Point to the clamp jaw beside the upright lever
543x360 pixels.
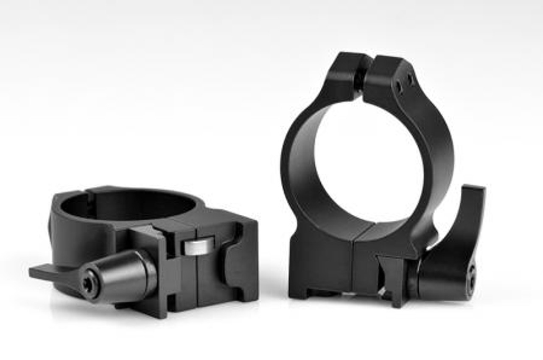[392, 276]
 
